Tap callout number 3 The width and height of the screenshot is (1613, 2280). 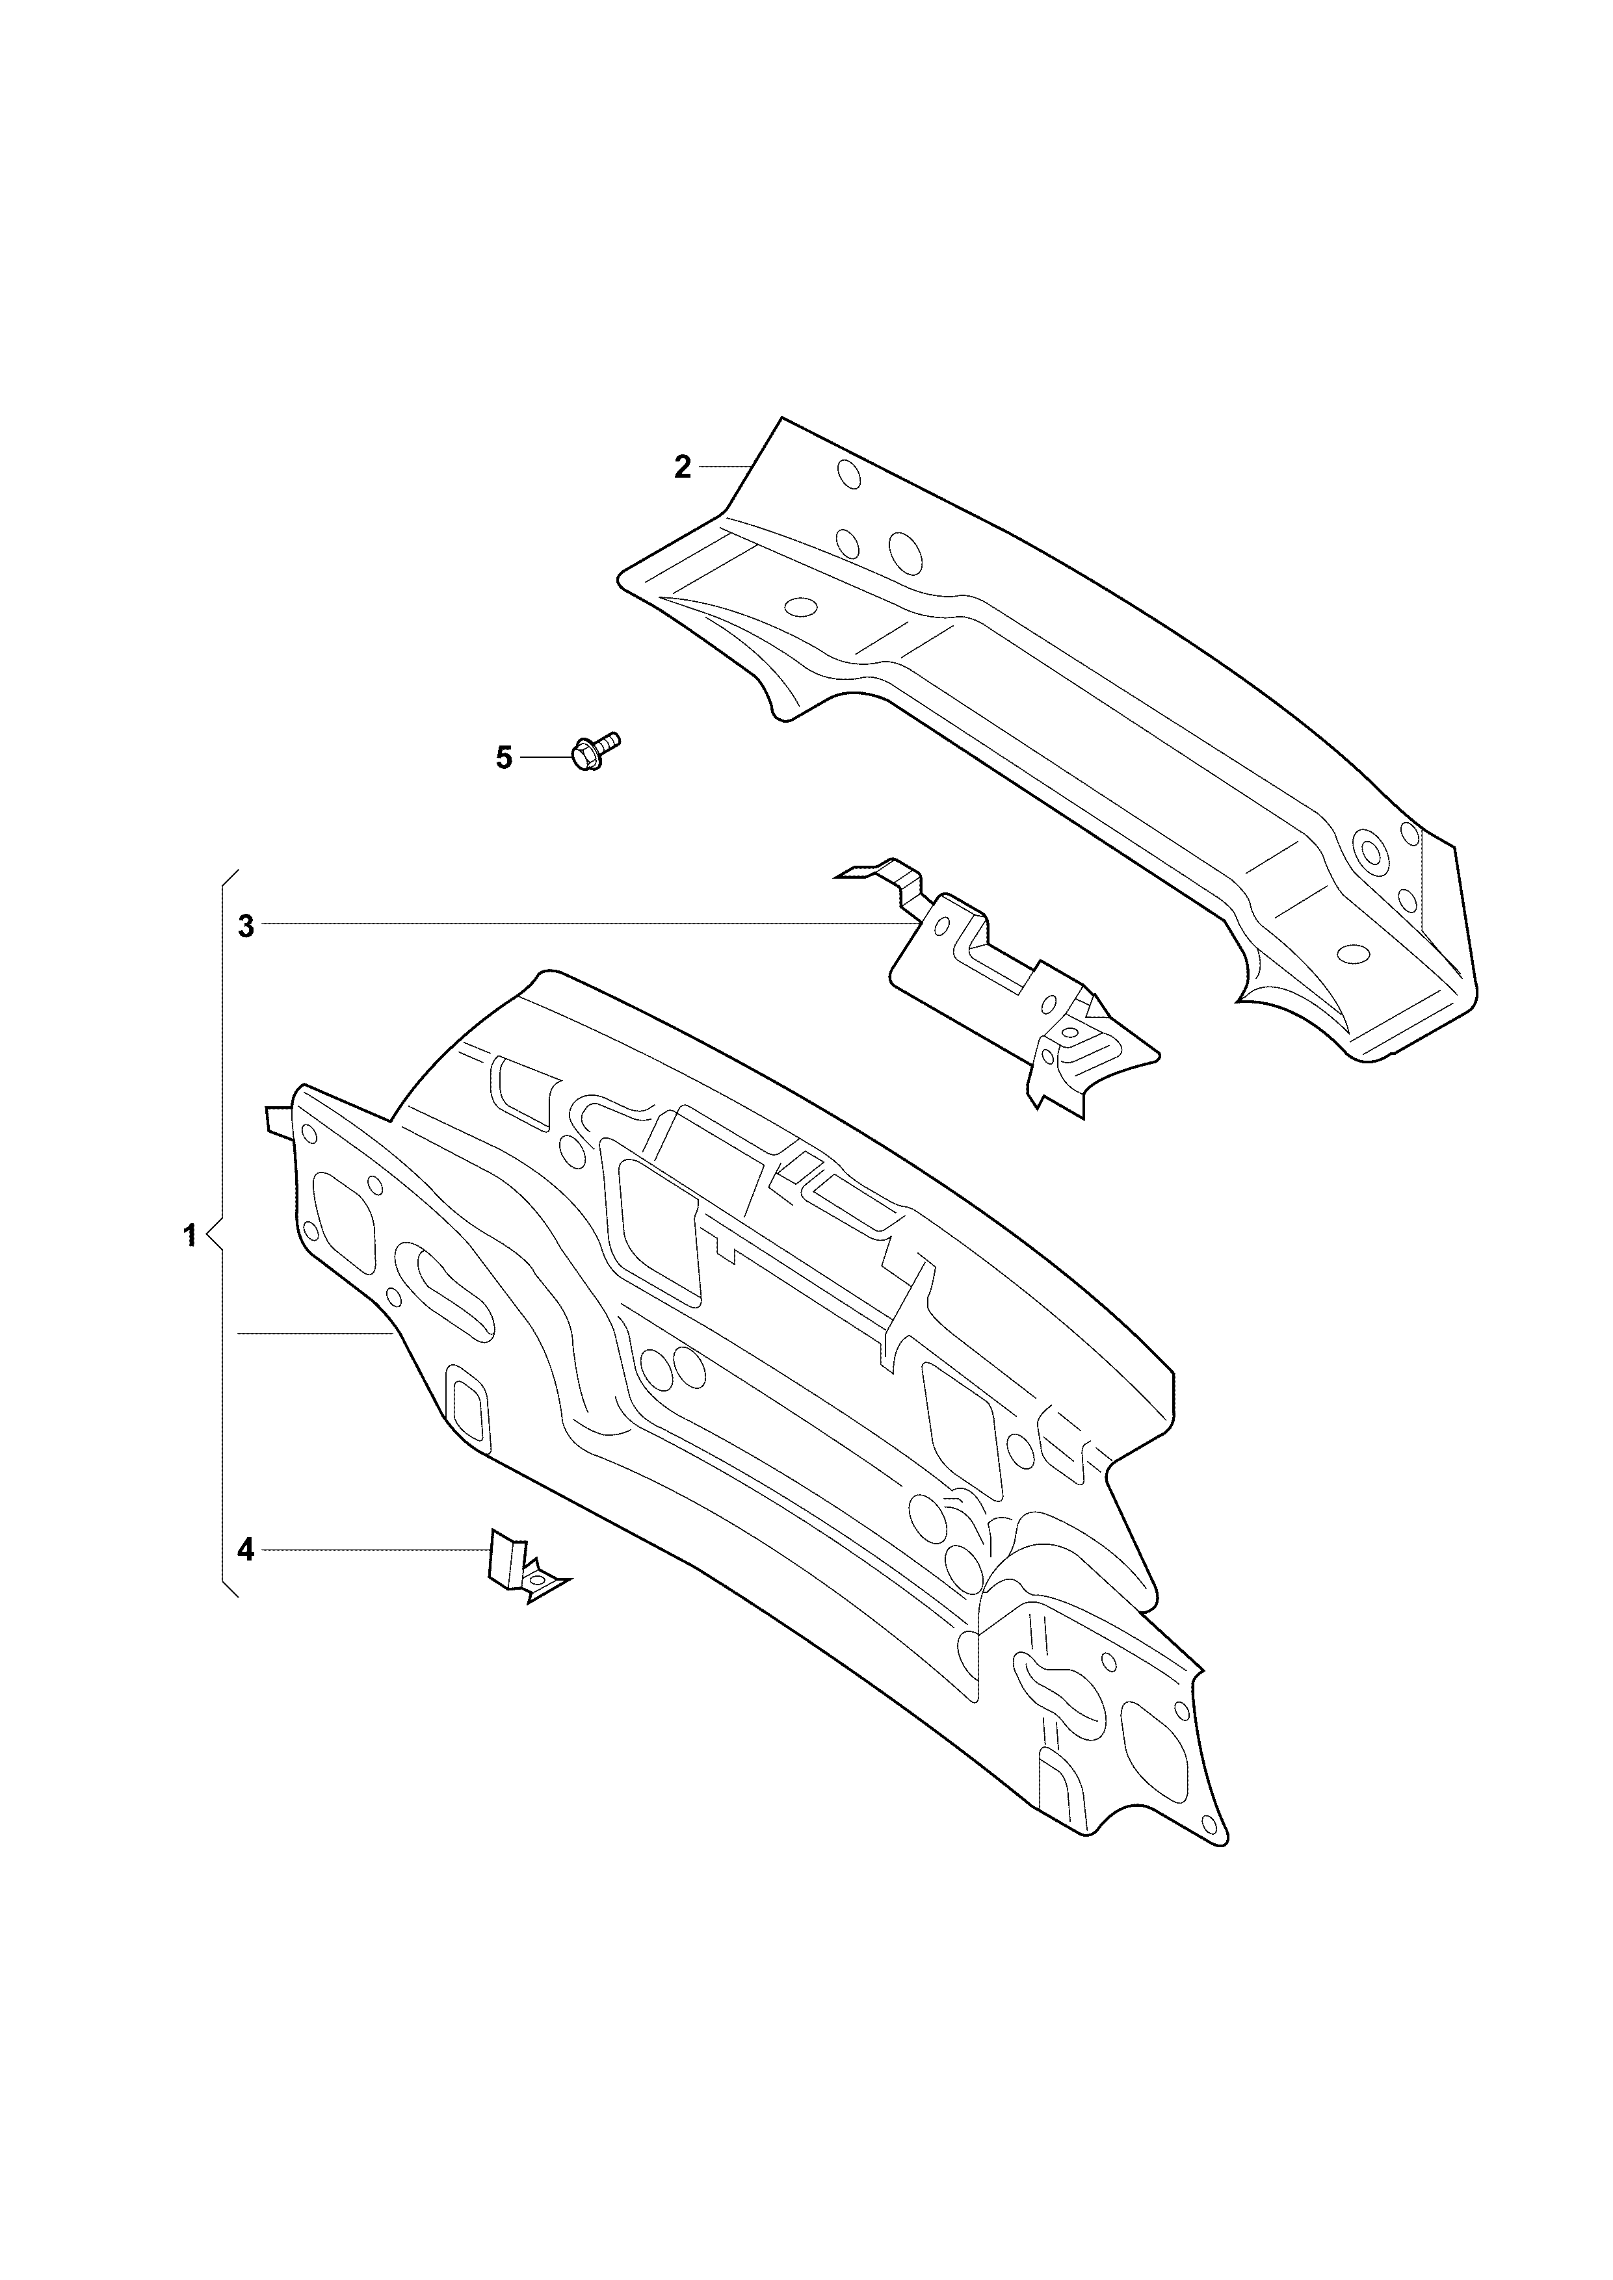pos(246,927)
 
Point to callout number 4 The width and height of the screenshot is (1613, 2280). pos(246,1577)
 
